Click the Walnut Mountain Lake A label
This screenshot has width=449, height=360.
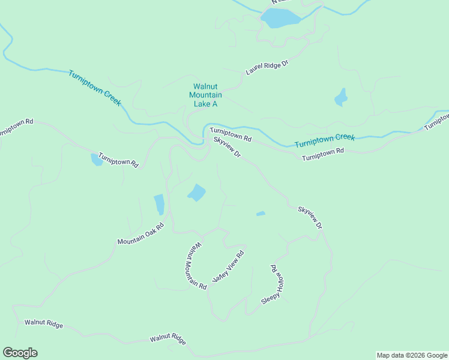(205, 95)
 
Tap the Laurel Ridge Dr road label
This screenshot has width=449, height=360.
(267, 67)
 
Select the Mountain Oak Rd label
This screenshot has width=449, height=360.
(141, 234)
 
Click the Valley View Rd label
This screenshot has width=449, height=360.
(229, 268)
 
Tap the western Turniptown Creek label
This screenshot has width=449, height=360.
(95, 88)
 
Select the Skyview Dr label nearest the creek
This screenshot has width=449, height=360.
(227, 148)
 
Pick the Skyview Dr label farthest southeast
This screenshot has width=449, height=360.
(310, 218)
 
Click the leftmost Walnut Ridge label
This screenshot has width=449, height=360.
(44, 323)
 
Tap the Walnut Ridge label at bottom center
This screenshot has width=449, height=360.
(168, 338)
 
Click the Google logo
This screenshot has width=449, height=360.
(20, 353)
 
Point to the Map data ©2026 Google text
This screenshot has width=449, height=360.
(412, 355)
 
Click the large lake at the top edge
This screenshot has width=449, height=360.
(280, 19)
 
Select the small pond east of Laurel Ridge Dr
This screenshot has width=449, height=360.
(341, 97)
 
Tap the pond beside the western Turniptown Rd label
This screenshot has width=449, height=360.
(96, 159)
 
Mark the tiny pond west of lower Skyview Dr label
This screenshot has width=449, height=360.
(261, 214)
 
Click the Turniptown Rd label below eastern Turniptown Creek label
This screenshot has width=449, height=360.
(323, 154)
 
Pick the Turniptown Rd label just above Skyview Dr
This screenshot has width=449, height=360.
(230, 134)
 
